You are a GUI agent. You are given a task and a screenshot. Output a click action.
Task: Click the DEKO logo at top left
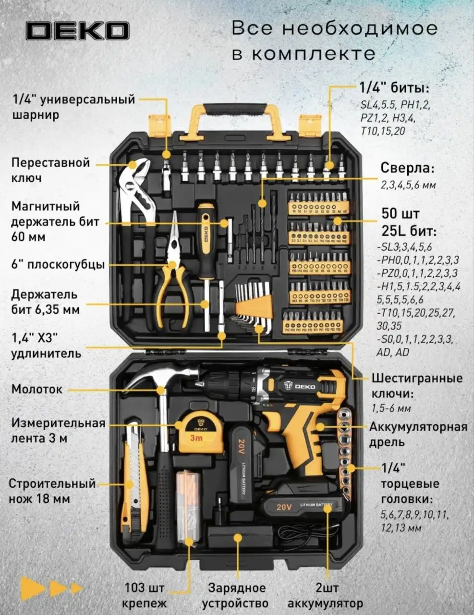(77, 31)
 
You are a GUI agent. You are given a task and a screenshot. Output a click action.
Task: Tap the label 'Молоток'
(37, 389)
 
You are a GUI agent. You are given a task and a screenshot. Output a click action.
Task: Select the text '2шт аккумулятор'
(328, 595)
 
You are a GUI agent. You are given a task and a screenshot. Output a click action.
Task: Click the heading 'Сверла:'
(408, 169)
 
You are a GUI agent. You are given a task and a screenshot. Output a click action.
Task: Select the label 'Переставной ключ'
(50, 170)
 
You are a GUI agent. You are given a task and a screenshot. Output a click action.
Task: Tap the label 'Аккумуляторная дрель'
(417, 434)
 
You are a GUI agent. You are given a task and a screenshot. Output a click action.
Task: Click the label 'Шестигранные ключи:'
(416, 385)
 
